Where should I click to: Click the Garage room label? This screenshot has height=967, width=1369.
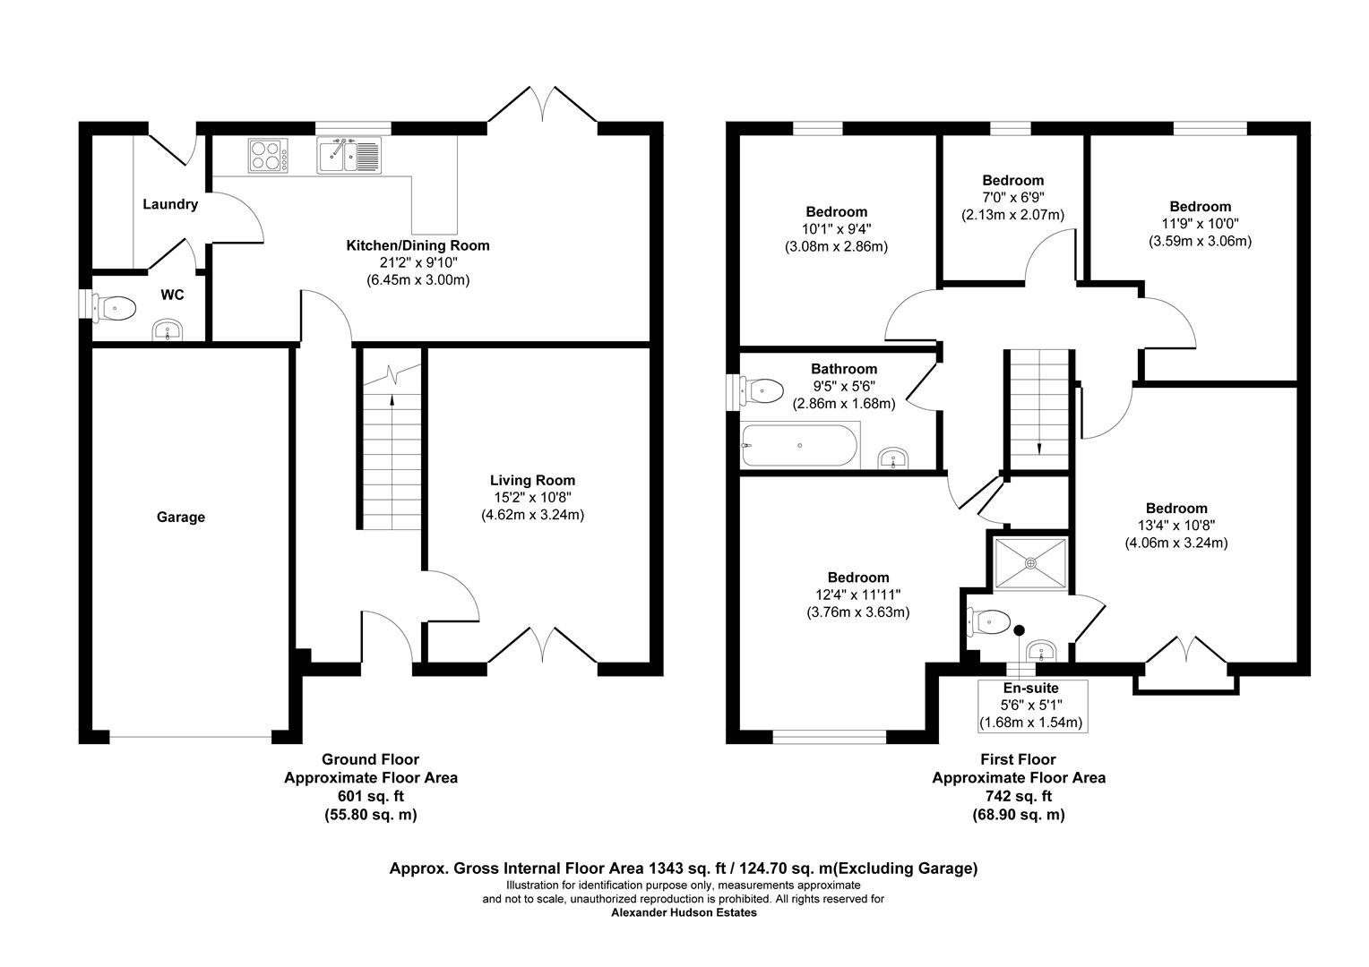(x=181, y=517)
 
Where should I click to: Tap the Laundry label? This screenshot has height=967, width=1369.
(x=170, y=204)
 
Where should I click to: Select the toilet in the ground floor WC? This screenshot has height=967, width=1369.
(x=116, y=309)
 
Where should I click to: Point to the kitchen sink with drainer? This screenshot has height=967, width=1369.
(x=349, y=155)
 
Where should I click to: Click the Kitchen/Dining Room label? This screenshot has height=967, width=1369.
(x=418, y=245)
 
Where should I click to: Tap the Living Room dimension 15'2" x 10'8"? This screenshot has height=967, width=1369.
(x=532, y=498)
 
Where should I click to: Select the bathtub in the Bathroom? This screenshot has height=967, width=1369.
(x=798, y=446)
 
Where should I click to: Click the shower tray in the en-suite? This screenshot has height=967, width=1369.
(x=1030, y=563)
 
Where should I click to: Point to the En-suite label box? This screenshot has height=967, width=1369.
(x=1030, y=706)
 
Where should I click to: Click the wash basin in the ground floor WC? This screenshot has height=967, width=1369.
(x=167, y=331)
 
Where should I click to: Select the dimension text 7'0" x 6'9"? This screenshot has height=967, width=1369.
(x=1012, y=198)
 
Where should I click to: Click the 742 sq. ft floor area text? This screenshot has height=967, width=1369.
(x=1018, y=796)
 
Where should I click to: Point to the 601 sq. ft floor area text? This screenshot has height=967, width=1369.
(x=370, y=796)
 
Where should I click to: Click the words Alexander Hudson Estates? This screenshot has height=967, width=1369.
(x=684, y=913)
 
